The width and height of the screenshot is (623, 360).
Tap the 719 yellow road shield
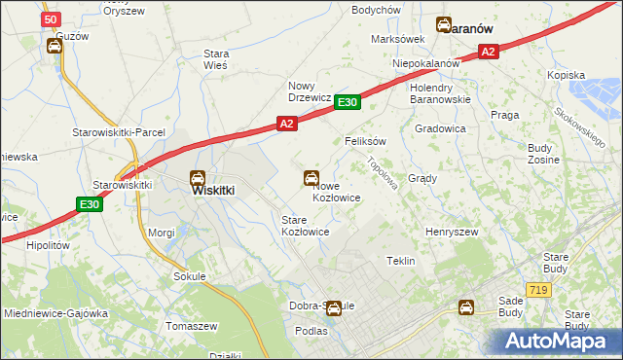point(536,290)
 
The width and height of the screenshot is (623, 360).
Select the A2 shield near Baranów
point(489,52)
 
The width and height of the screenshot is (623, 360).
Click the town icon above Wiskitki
point(197,177)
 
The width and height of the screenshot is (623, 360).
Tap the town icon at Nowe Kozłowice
point(311,178)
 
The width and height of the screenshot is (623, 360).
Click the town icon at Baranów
point(444,26)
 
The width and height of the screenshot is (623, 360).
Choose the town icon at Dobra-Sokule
point(334,308)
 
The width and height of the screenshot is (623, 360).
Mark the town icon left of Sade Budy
point(467,307)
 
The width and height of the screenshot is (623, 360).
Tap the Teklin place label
point(401,261)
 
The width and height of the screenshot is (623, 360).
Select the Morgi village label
point(161,233)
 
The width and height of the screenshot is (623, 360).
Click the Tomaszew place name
point(191,326)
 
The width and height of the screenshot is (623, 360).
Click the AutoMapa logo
point(556,341)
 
